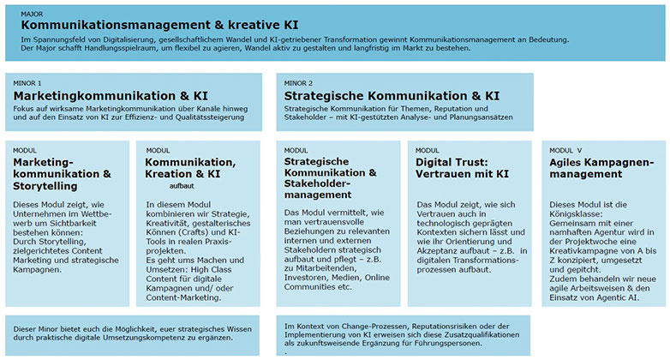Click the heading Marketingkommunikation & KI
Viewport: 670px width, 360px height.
[x=111, y=96]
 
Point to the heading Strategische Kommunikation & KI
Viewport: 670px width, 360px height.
[x=391, y=96]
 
